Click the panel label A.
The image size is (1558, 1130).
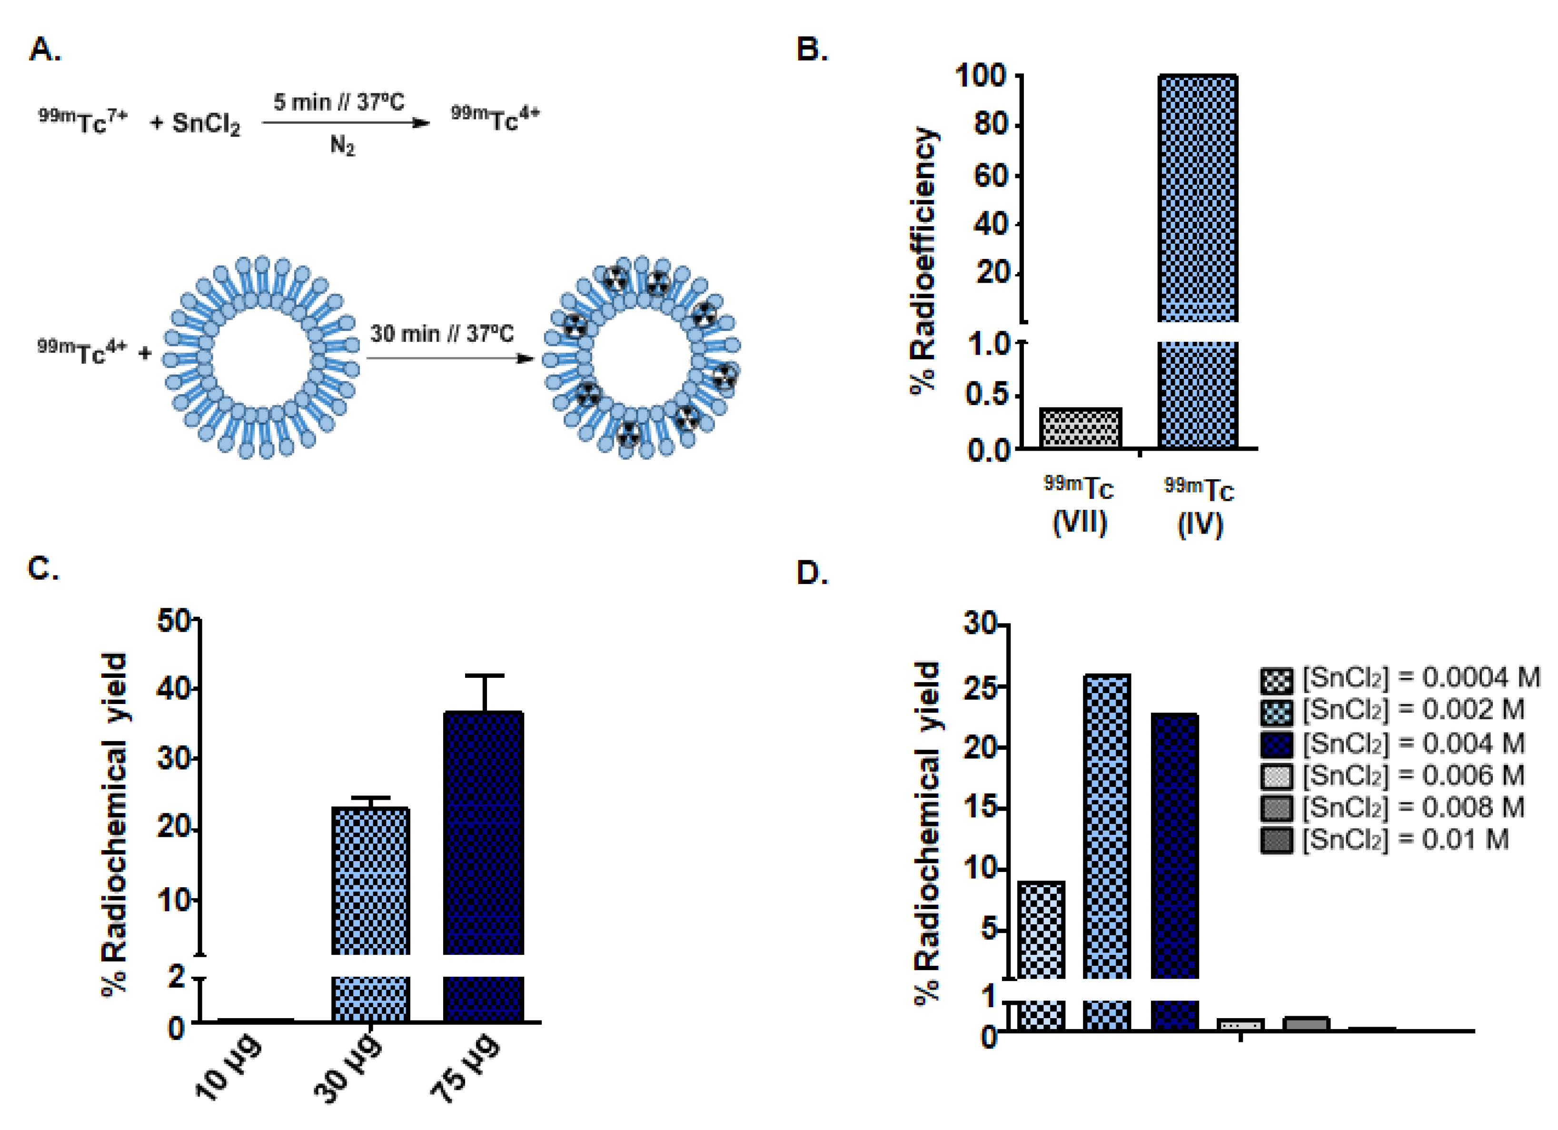[x=45, y=50]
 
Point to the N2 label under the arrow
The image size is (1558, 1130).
[x=342, y=146]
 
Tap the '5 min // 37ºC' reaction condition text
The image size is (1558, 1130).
[x=338, y=102]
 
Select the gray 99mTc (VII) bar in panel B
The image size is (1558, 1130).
[x=1080, y=428]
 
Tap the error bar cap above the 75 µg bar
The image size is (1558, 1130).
[x=484, y=676]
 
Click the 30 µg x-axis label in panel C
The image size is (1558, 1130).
[x=347, y=1068]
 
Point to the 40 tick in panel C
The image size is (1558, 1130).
[x=175, y=688]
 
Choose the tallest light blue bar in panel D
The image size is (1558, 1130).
[x=1107, y=824]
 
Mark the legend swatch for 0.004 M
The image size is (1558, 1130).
[x=1276, y=743]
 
